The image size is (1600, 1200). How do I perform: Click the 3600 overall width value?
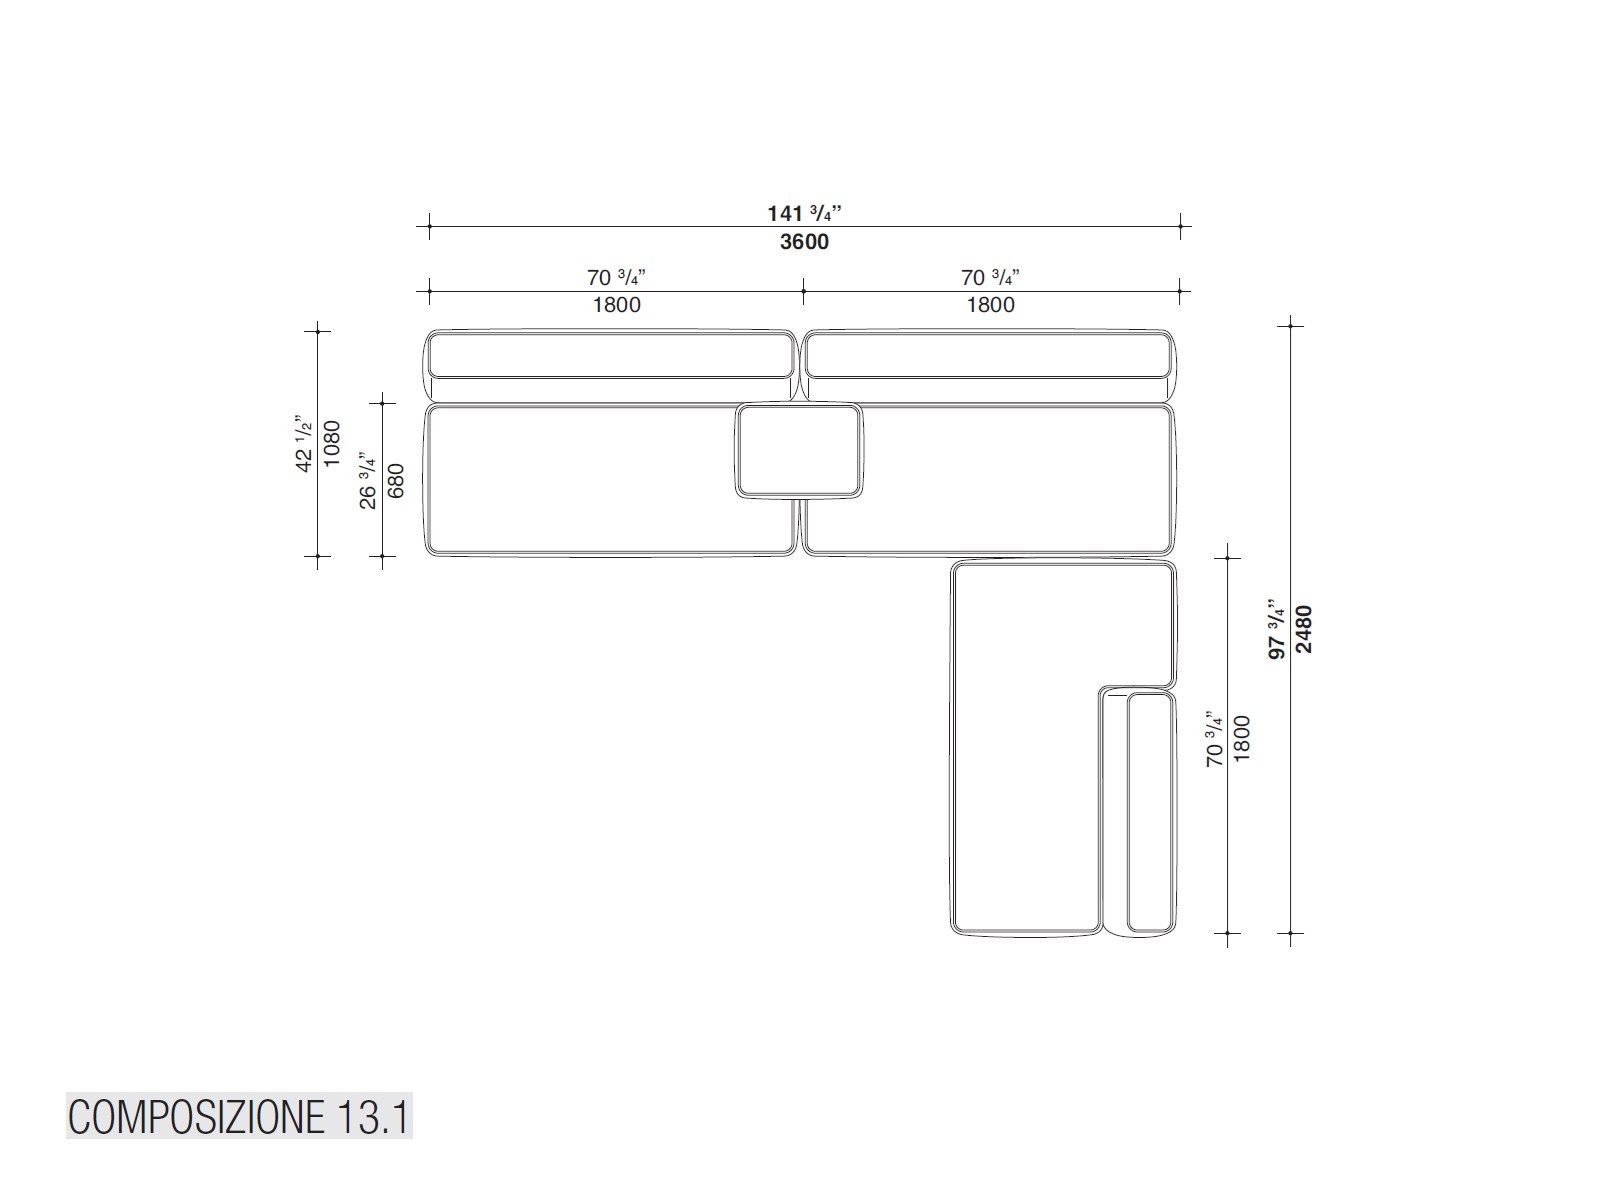click(x=804, y=242)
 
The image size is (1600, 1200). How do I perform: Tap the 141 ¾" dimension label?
click(x=804, y=213)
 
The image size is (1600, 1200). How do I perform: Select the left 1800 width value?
click(x=616, y=305)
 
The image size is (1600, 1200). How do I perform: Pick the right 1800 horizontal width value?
click(x=990, y=305)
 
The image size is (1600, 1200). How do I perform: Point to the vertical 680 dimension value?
click(x=396, y=480)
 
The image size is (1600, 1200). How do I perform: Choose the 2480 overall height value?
click(x=1304, y=628)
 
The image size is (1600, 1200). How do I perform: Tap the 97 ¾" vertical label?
click(x=1277, y=628)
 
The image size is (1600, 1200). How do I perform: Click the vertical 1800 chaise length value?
click(x=1242, y=738)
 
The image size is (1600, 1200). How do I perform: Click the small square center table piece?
click(x=799, y=451)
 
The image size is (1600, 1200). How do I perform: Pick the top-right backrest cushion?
click(x=988, y=355)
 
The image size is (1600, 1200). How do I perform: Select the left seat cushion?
click(x=580, y=480)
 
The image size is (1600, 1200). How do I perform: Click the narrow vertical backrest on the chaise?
click(x=1149, y=812)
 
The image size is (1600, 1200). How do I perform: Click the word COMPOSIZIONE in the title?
click(x=192, y=1117)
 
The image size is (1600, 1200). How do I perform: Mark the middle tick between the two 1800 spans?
click(x=803, y=292)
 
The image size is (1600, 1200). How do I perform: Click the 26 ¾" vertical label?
click(x=369, y=480)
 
